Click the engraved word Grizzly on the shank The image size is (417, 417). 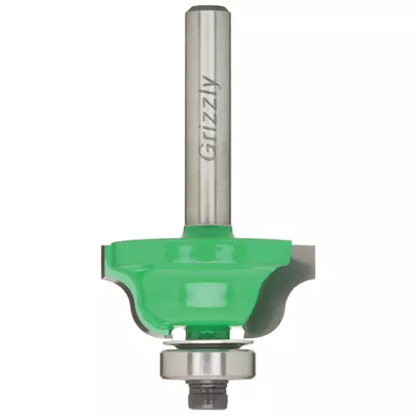click(211, 118)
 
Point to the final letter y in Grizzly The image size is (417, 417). click(214, 83)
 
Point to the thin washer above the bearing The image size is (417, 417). click(208, 344)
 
